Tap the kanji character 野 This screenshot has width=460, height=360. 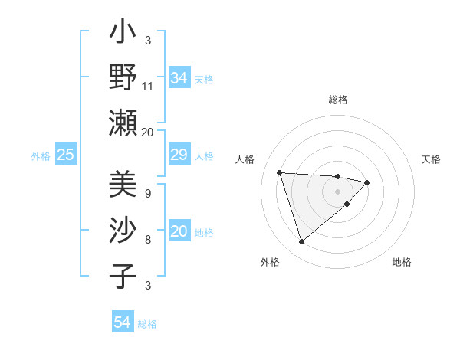[x=123, y=79]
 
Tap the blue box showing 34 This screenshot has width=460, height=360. [x=179, y=78]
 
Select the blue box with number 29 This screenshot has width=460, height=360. [x=179, y=155]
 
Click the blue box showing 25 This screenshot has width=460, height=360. [x=65, y=155]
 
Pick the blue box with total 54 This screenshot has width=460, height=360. [x=122, y=322]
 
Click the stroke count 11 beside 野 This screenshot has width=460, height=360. [x=148, y=87]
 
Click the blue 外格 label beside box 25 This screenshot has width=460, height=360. [x=41, y=156]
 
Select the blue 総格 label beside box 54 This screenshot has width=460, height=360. [x=147, y=323]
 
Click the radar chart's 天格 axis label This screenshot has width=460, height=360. [x=432, y=159]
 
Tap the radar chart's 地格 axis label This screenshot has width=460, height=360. [x=402, y=262]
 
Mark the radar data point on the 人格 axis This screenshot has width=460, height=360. [x=280, y=172]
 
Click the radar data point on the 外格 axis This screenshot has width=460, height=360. [x=301, y=242]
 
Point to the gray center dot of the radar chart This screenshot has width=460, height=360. [x=337, y=191]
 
